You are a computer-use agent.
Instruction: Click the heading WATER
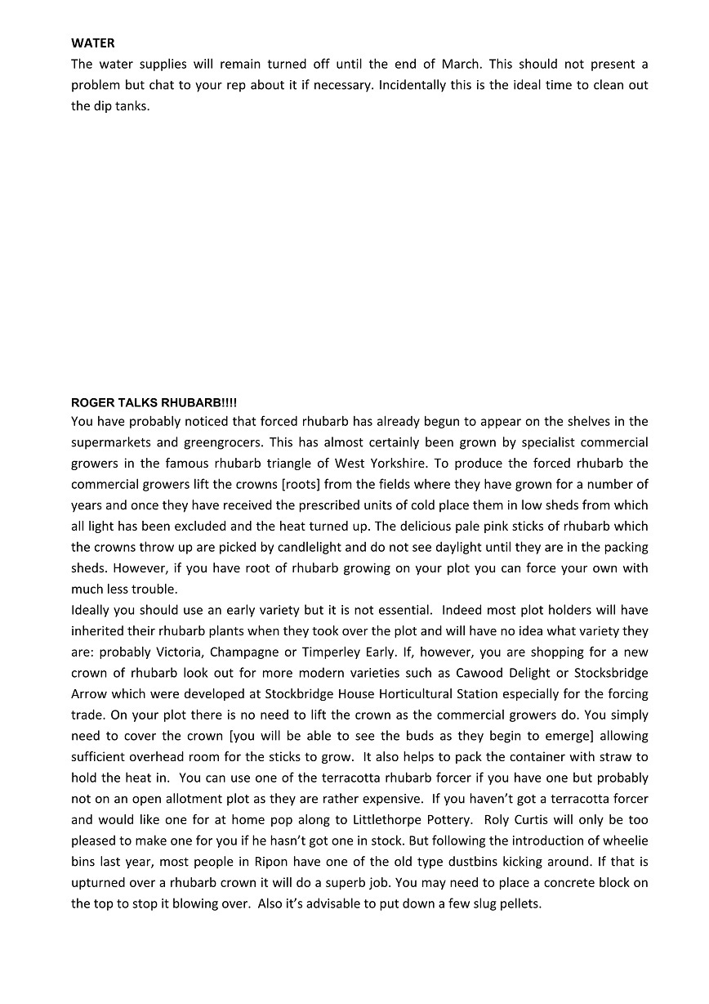[93, 43]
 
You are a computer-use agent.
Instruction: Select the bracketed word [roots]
[305, 485]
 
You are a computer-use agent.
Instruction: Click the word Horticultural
[450, 694]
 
